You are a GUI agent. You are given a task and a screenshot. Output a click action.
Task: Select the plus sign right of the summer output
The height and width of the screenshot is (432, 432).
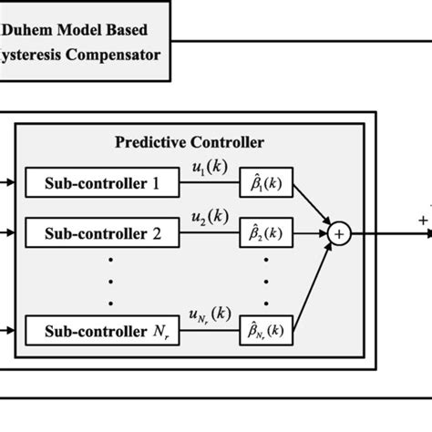(422, 220)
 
